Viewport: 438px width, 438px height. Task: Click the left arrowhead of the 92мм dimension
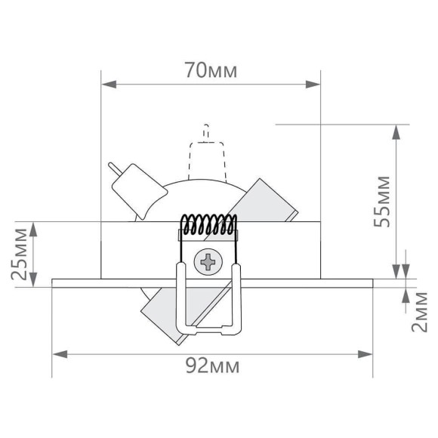(58, 353)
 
